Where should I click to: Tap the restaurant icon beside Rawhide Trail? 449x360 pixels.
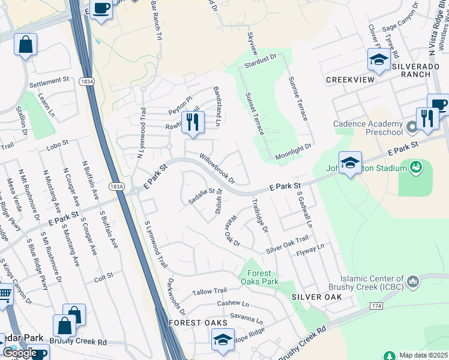[193, 122]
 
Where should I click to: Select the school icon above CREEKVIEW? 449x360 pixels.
[379, 60]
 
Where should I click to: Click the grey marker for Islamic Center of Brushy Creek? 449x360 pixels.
[412, 281]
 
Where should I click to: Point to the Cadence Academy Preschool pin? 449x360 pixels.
[412, 127]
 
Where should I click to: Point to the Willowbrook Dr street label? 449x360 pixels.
[217, 167]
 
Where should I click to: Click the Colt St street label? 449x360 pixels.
[103, 278]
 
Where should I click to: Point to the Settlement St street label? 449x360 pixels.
[49, 80]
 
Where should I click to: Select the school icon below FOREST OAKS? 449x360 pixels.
[223, 340]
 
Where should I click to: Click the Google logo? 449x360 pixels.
[20, 353]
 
